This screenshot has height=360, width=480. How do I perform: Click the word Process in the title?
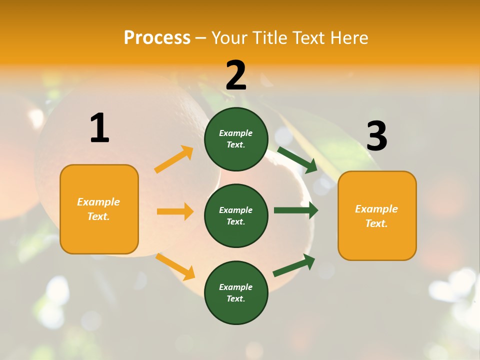coord(157,38)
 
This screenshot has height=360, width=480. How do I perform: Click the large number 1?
coord(99,128)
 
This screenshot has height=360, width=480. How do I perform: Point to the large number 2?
coord(236,75)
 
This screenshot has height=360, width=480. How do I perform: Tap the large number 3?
coord(376,136)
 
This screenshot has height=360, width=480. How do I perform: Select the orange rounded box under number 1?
coord(99,209)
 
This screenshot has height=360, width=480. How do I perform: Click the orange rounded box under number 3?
coord(377,216)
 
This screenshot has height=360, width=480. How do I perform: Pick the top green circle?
coord(236,139)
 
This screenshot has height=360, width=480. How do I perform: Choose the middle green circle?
coord(236,215)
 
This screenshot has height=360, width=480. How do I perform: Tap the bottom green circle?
coord(236,292)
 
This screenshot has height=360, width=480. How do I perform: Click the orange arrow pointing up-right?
coord(174,159)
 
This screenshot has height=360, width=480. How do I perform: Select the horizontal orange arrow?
coord(175,211)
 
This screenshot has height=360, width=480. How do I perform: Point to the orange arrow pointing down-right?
coord(175,266)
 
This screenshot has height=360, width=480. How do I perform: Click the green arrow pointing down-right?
coord(297,159)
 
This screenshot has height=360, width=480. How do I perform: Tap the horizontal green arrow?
coord(296,210)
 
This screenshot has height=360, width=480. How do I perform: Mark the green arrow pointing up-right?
coord(294,265)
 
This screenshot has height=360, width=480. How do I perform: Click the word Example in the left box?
coord(98,202)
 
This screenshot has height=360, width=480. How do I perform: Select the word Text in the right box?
coord(376,223)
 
